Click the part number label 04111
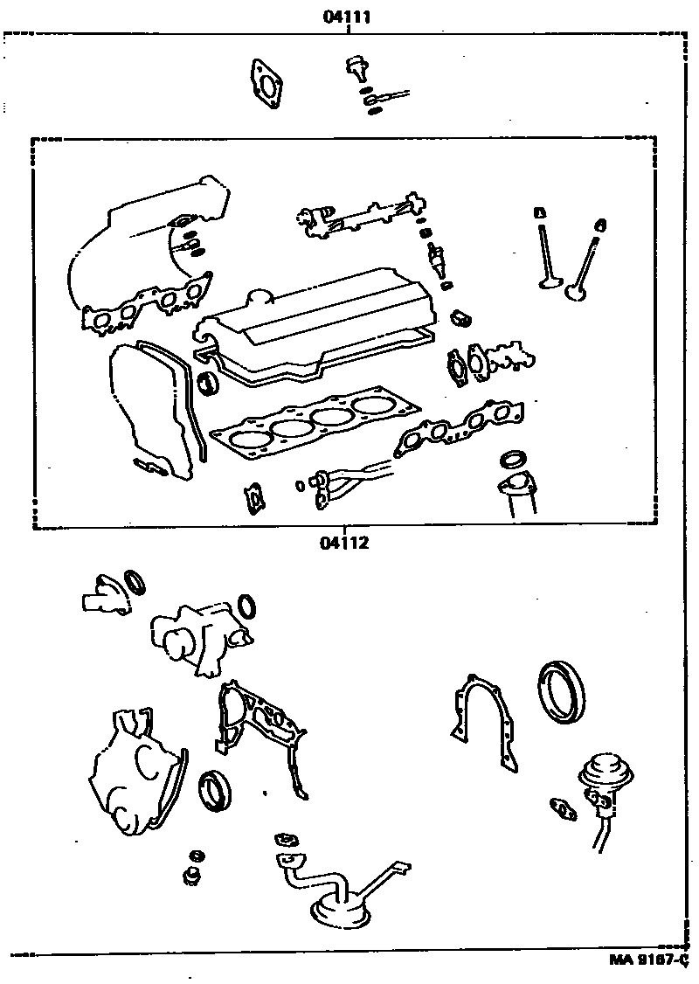349,16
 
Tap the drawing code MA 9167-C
652,960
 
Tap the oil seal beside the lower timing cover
213,791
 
